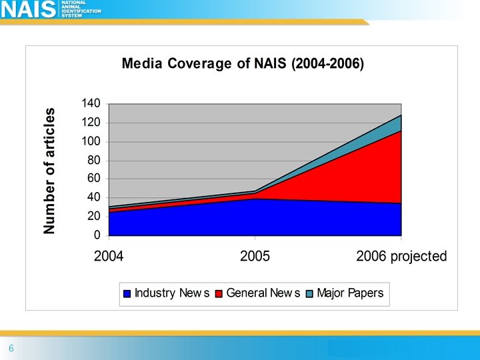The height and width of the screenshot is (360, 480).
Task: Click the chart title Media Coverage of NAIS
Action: (242, 65)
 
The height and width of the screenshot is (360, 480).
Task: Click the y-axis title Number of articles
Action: (49, 171)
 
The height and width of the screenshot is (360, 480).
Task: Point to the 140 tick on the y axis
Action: (91, 104)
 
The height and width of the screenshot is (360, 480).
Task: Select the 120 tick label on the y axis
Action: (91, 123)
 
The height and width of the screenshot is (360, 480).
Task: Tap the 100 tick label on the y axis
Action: (91, 141)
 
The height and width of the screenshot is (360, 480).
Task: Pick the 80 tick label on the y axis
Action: (94, 160)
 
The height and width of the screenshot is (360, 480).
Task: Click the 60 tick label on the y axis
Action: (94, 179)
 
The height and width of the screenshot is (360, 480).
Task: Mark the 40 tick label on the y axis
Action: (94, 198)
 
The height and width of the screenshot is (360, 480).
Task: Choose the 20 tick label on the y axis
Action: (94, 217)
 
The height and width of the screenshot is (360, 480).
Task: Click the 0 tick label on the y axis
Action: (97, 235)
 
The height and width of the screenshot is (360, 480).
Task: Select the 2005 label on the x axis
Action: (255, 257)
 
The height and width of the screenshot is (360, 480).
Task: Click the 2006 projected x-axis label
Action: (401, 257)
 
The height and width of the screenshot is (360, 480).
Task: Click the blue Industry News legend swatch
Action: (127, 293)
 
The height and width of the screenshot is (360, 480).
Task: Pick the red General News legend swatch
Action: (219, 293)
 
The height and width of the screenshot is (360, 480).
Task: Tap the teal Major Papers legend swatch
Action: (310, 293)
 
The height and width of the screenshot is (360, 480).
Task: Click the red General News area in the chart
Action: (360, 173)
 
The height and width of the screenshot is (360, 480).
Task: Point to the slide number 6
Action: (11, 349)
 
